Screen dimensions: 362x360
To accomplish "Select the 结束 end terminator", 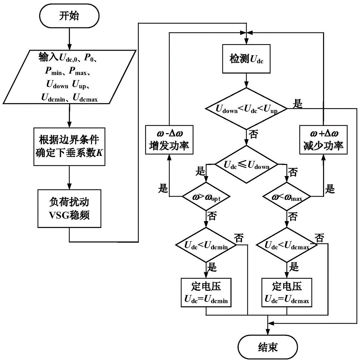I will (x=268, y=347).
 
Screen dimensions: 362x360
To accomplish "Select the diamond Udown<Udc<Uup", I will (x=246, y=108).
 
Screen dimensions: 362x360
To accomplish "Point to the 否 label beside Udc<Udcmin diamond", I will (x=239, y=237).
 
